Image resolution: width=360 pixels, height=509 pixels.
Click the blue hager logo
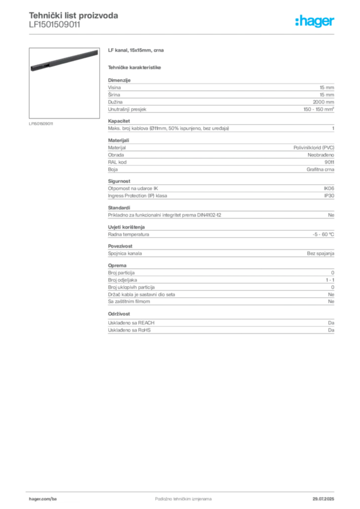click(315, 22)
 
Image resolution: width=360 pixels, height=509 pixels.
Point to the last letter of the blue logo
click(334, 23)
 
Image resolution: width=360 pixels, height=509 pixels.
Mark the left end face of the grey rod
click(31, 71)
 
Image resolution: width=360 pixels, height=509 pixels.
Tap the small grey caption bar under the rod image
click(41, 123)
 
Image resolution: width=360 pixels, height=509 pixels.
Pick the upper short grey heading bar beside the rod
click(137, 51)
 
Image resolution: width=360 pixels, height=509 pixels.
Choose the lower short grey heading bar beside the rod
click(135, 67)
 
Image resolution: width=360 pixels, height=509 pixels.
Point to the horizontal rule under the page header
click(183, 34)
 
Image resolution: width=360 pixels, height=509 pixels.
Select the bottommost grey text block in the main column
click(220, 325)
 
